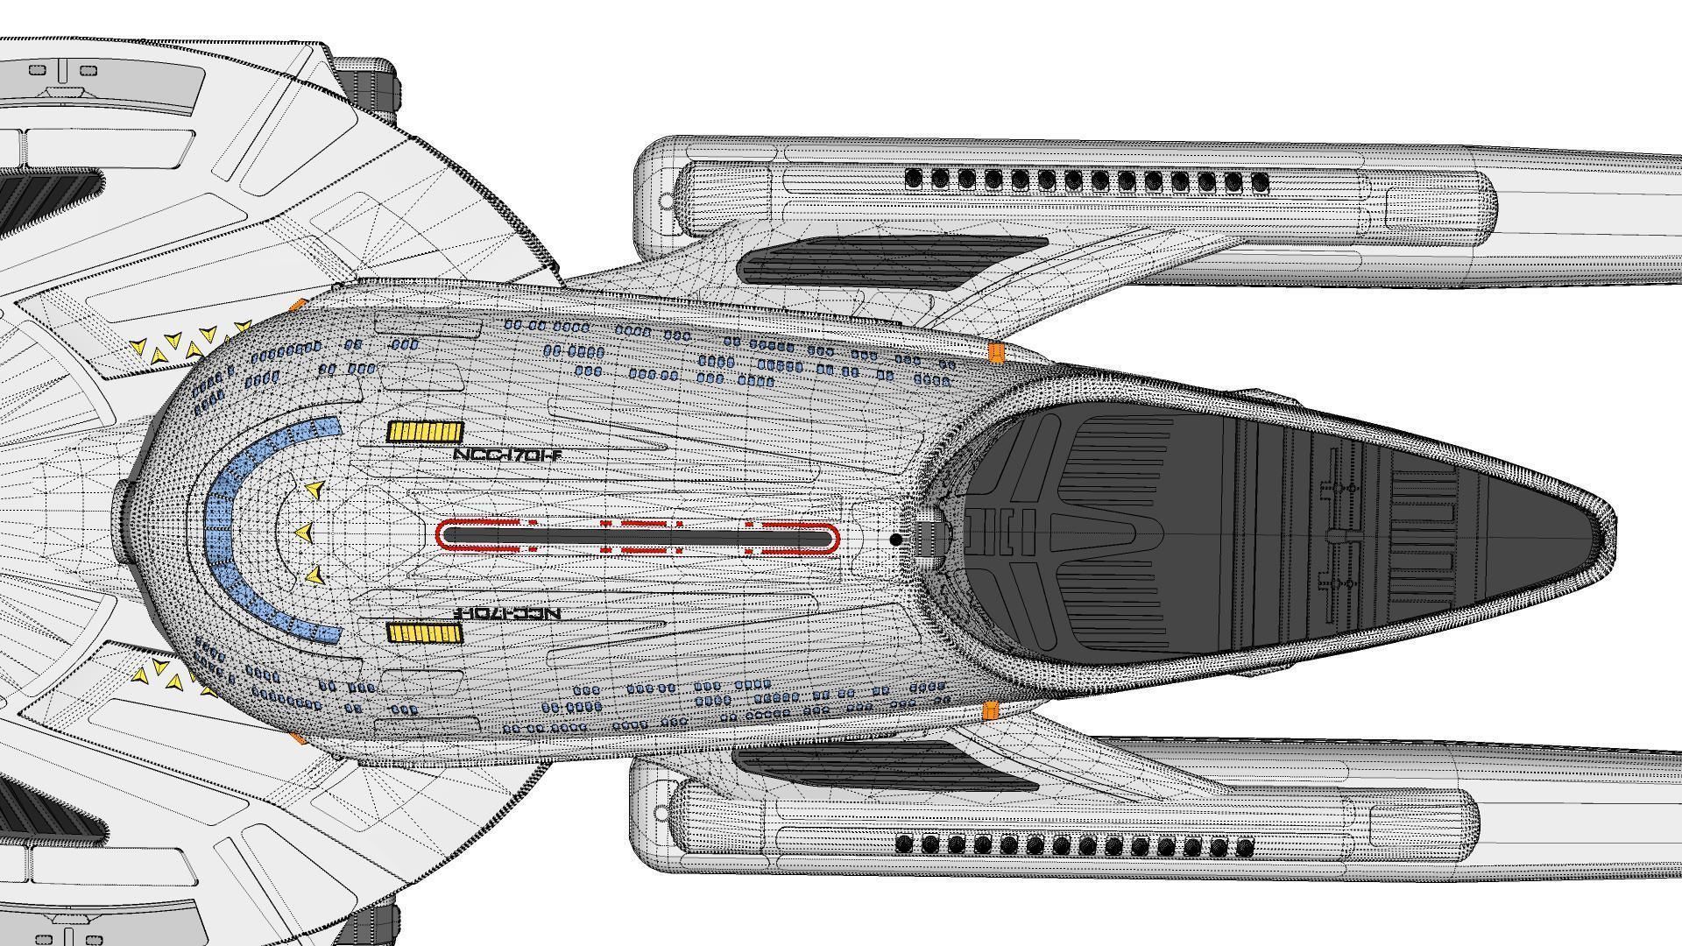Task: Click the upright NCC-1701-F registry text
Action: (x=506, y=455)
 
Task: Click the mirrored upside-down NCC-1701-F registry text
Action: (x=508, y=613)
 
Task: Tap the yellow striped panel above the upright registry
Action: (x=425, y=432)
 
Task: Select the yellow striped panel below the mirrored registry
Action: (x=425, y=633)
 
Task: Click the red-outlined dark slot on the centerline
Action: (x=637, y=537)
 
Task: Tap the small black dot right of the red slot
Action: (x=895, y=540)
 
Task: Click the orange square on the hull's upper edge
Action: (x=996, y=353)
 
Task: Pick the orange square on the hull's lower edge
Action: (x=991, y=710)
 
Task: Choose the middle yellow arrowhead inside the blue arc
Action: (x=304, y=532)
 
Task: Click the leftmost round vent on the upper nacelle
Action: (x=914, y=180)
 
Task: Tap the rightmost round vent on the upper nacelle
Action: (x=1261, y=183)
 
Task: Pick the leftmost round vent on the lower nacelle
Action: (x=905, y=845)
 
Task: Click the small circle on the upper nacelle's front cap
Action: (x=666, y=201)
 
